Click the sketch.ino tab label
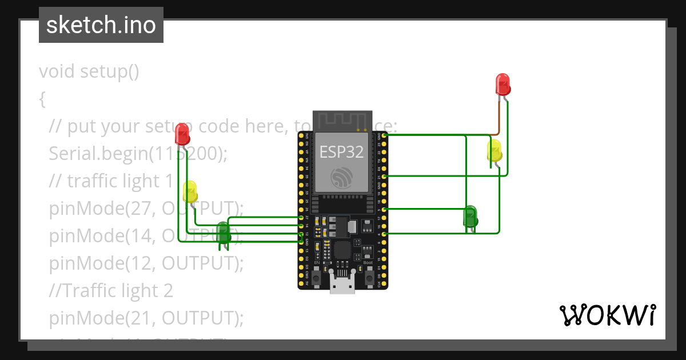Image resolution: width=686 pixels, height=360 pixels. [x=101, y=25]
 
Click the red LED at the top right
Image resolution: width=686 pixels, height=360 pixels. [x=502, y=84]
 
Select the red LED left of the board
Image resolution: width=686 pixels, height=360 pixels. [x=182, y=134]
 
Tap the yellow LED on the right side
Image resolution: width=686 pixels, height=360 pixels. [x=494, y=151]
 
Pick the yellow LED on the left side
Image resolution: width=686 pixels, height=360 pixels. [x=190, y=191]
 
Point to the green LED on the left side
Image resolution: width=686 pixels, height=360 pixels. [x=224, y=232]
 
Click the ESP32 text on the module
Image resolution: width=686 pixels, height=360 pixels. [x=341, y=151]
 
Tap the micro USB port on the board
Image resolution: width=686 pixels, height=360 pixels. [x=342, y=283]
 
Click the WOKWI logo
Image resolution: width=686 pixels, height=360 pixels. [x=607, y=315]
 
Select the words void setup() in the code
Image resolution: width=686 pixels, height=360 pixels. [x=89, y=71]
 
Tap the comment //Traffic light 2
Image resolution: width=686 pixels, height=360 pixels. [x=111, y=290]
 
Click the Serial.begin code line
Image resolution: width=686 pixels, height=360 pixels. [x=138, y=153]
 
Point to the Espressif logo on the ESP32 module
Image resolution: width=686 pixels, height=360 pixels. [x=341, y=178]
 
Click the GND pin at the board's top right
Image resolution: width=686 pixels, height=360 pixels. [x=384, y=135]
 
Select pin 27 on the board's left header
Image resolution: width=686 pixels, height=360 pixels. [x=301, y=218]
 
